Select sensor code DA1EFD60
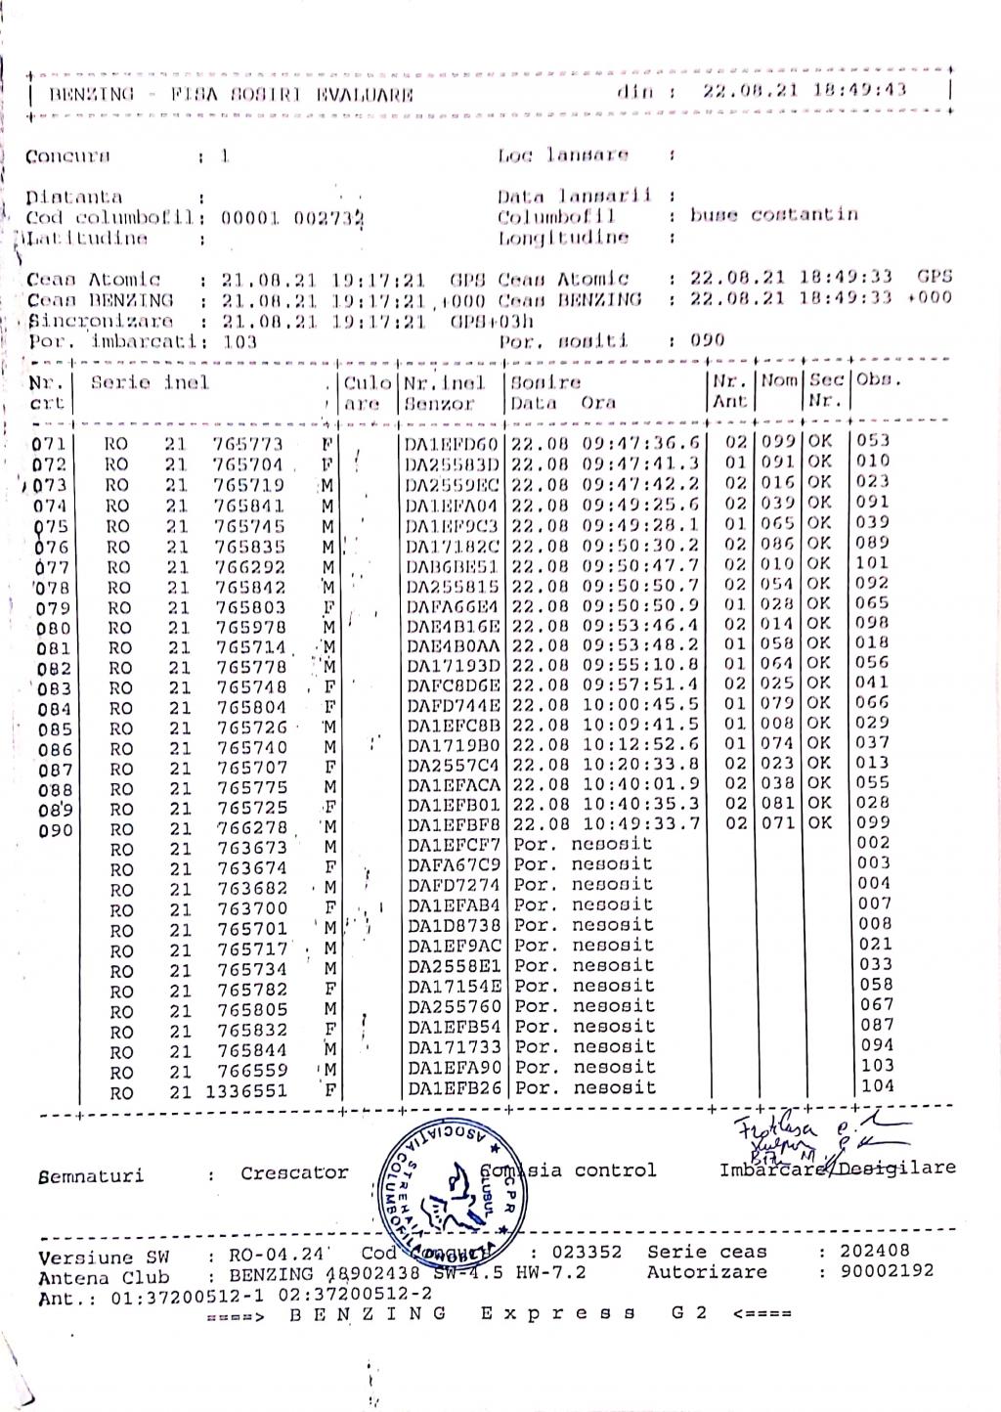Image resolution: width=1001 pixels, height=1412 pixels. point(453,444)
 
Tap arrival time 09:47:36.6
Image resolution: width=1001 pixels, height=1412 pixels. point(641,442)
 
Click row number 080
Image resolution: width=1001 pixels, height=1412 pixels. point(53,629)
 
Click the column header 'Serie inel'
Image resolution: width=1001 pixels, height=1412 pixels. point(150,382)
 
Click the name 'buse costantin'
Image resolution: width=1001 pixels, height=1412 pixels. point(773,214)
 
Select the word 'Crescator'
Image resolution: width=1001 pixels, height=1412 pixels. point(294,1172)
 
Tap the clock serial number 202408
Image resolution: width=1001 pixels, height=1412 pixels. point(875,1251)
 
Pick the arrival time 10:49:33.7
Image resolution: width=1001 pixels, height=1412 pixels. point(641,823)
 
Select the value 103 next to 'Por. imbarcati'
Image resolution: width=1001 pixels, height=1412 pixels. point(239,341)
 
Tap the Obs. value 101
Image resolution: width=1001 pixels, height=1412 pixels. point(873,562)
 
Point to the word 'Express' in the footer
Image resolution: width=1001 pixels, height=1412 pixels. point(556,1313)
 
